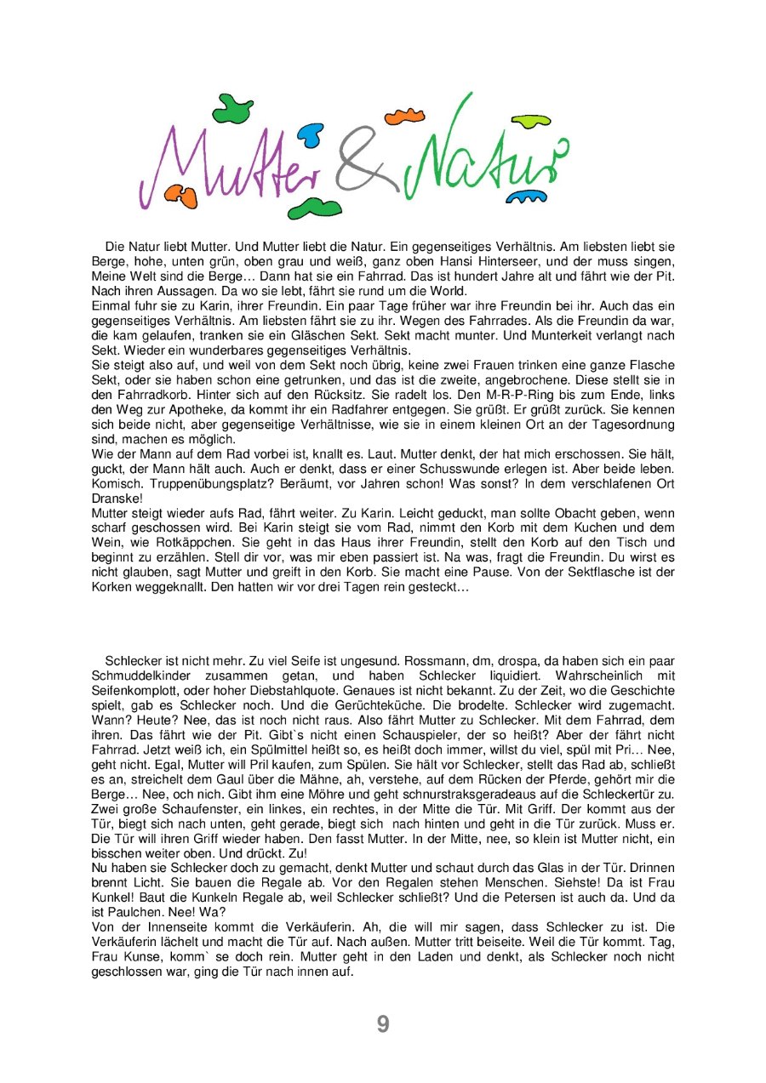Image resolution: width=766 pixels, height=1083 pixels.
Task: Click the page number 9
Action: (383, 1024)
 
